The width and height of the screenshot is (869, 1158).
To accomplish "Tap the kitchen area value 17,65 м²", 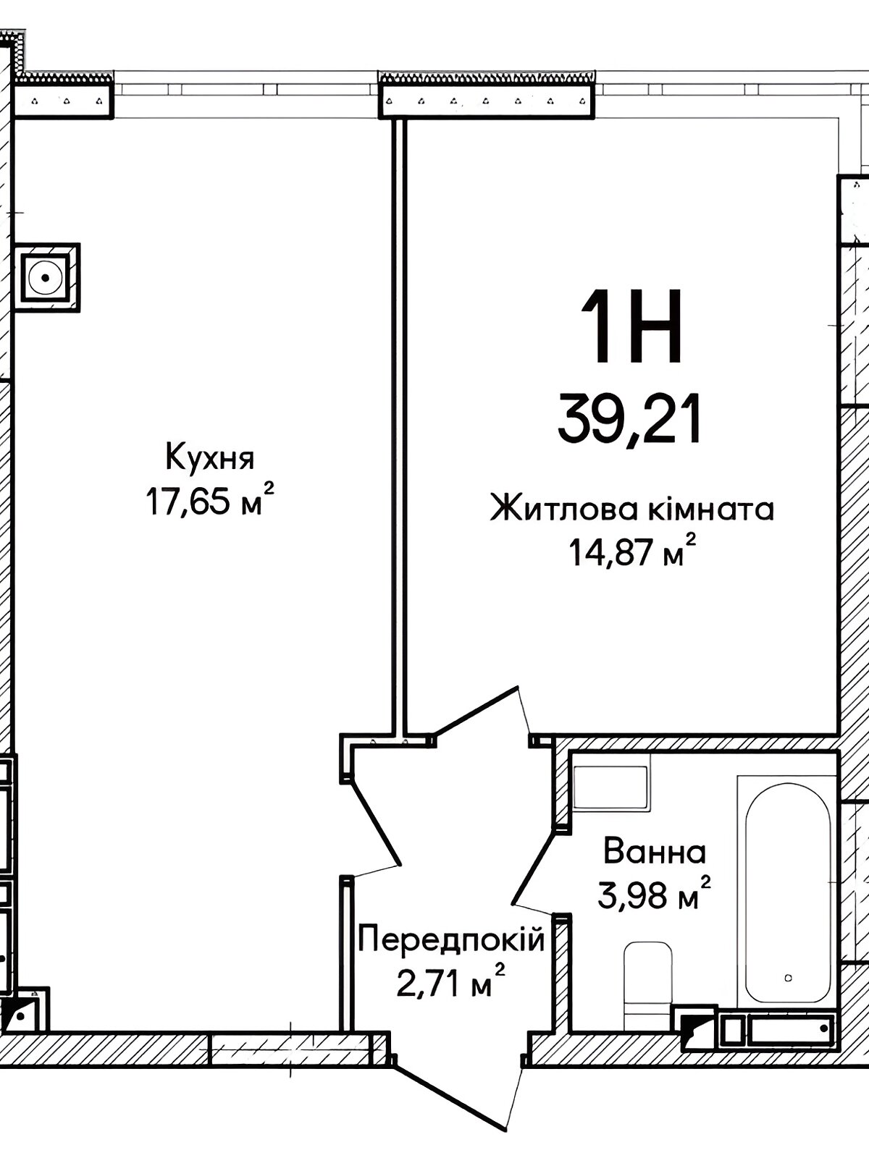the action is point(210,500).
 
